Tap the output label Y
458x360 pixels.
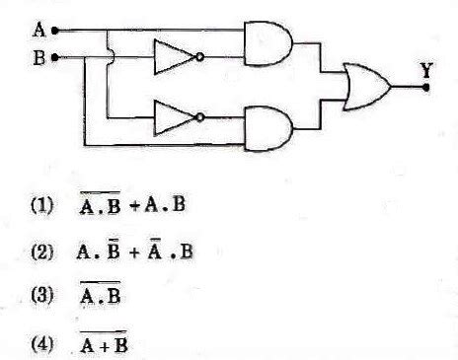tap(424, 71)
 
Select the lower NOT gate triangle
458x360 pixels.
tap(172, 117)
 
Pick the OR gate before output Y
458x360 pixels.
tap(365, 86)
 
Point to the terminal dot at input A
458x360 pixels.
tap(56, 31)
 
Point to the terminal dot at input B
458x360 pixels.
tap(56, 57)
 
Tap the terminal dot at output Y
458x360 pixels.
tap(425, 87)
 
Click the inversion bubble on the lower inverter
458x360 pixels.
tap(200, 117)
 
